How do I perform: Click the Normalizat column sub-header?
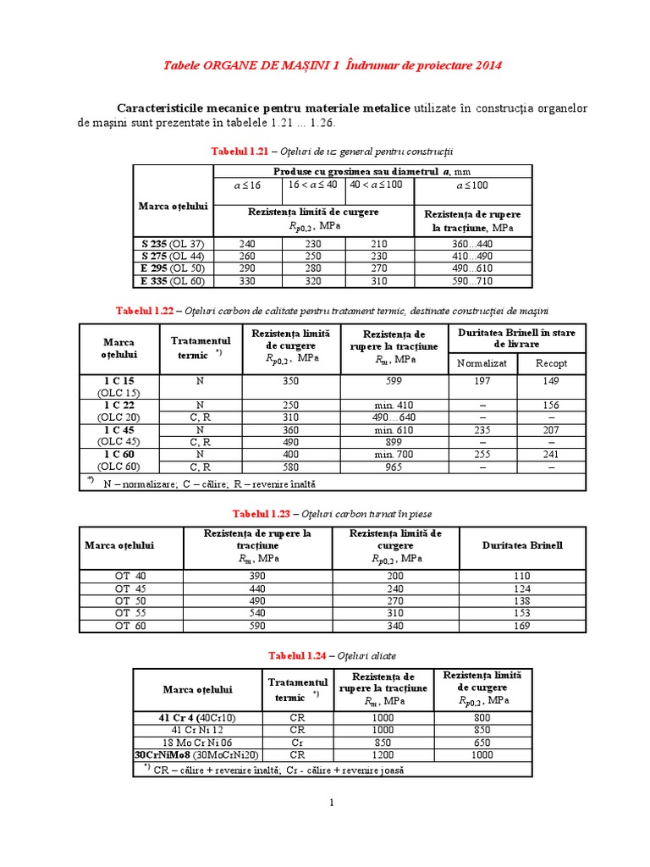coord(482,363)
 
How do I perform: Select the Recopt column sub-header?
coord(551,363)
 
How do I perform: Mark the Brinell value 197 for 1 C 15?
coord(482,381)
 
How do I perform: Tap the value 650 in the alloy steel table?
coord(479,742)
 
